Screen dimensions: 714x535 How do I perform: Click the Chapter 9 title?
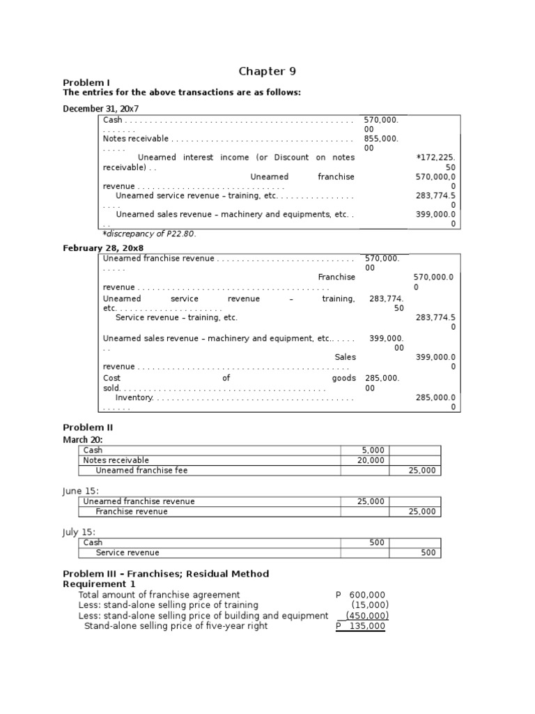(262, 71)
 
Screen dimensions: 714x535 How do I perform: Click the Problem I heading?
(86, 83)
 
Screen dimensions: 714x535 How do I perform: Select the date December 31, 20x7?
(102, 108)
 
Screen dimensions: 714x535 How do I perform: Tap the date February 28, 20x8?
(103, 248)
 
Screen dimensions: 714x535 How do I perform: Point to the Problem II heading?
(88, 427)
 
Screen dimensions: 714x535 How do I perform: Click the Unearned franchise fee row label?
(141, 471)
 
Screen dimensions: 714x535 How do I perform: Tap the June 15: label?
(80, 491)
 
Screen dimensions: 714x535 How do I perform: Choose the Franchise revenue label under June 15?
(132, 511)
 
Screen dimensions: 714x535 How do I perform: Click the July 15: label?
(79, 532)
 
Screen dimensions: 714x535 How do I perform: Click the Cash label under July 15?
(93, 542)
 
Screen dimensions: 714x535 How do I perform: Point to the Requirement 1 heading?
(100, 584)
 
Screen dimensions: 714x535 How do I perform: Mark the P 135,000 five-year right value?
(360, 626)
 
